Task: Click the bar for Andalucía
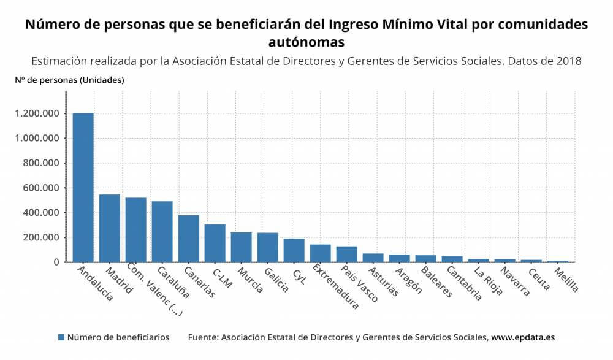point(83,187)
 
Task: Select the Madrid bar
point(110,228)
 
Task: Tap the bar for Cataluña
point(162,231)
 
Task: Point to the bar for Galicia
point(268,247)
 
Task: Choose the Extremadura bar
point(321,253)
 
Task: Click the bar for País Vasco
point(347,254)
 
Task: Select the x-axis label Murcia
point(250,280)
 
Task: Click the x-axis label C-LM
point(223,276)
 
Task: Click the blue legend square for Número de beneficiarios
point(61,337)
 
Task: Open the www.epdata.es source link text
point(523,337)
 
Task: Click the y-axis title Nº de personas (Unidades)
point(69,80)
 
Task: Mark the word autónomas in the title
point(306,42)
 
